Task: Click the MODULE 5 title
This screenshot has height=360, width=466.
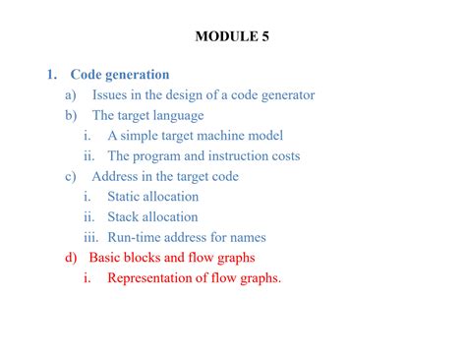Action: [232, 37]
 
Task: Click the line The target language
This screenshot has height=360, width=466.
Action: [154, 115]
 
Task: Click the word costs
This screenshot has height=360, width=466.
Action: [282, 156]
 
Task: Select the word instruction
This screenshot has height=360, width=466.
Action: [227, 156]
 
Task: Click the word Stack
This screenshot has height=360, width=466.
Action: [125, 217]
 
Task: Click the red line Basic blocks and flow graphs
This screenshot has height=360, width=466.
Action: [172, 258]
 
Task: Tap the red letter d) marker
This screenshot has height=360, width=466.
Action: [71, 258]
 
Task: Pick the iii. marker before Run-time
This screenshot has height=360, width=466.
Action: [90, 237]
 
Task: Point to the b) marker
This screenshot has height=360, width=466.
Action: [71, 115]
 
